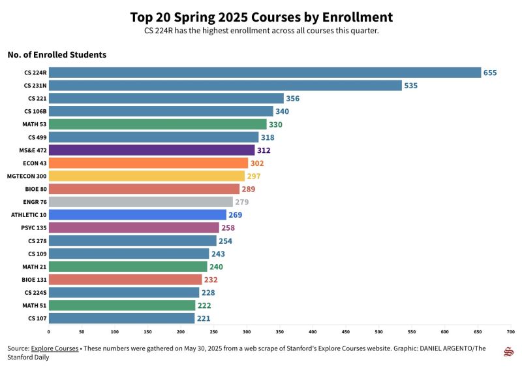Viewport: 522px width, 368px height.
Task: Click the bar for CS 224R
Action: pyautogui.click(x=264, y=73)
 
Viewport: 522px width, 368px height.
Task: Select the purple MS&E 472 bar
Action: pyautogui.click(x=151, y=150)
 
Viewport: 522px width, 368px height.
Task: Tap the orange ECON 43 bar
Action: pyautogui.click(x=148, y=163)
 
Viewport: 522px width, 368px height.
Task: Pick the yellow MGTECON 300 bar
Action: pyautogui.click(x=147, y=176)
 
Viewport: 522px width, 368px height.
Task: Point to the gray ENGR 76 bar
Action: pyautogui.click(x=141, y=202)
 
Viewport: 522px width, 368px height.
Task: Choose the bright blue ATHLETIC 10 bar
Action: pyautogui.click(x=138, y=215)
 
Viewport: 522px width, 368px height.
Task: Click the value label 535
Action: pyautogui.click(x=410, y=86)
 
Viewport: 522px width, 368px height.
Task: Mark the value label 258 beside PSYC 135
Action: pyautogui.click(x=228, y=227)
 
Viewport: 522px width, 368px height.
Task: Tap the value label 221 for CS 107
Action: pyautogui.click(x=204, y=318)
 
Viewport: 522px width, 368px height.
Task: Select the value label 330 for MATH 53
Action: pyautogui.click(x=275, y=124)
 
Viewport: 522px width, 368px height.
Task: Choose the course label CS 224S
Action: pyautogui.click(x=35, y=292)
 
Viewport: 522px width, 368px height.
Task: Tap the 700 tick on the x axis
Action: pyautogui.click(x=510, y=331)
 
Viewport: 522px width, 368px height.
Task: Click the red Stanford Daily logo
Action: pyautogui.click(x=508, y=352)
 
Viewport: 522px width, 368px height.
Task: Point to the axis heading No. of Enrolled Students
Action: pyautogui.click(x=57, y=55)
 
